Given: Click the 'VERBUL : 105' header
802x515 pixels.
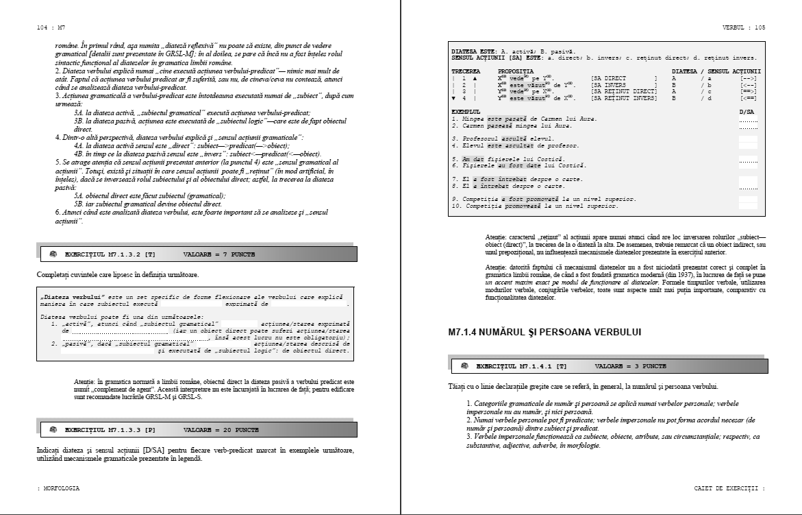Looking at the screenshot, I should pos(743,27).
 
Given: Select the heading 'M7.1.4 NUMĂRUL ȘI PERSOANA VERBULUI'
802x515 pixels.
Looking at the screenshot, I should pos(544,333).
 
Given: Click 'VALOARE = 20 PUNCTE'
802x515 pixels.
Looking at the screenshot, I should pos(221,429).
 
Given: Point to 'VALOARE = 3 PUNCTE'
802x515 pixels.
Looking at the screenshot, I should pos(630,366).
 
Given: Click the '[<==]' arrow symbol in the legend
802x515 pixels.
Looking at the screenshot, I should pos(749,98).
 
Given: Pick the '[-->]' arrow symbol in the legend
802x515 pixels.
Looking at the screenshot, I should pos(749,79).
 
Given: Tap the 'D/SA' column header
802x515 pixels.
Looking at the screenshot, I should pos(747,111).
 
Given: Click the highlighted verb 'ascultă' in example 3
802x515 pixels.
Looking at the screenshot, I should pos(514,139).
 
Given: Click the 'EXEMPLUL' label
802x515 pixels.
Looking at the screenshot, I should pos(466,111).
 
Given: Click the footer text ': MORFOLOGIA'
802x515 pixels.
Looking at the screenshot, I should pos(58,488).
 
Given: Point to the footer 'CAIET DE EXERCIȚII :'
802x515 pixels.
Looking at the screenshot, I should pos(729,488).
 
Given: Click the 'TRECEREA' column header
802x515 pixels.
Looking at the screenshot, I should pos(466,71).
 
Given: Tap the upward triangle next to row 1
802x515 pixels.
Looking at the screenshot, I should pos(474,79).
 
